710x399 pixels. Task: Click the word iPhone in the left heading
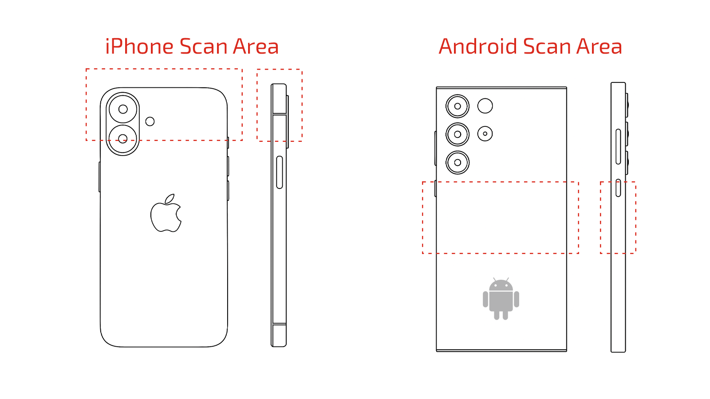click(x=139, y=46)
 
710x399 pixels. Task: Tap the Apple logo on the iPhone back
click(x=166, y=213)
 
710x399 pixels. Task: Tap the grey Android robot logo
click(x=501, y=299)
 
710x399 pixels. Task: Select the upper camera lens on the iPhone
click(x=123, y=109)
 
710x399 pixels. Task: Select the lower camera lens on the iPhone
click(x=122, y=139)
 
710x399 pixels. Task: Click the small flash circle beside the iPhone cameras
click(x=150, y=121)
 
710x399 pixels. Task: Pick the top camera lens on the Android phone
click(x=458, y=106)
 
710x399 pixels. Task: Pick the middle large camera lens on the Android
click(x=458, y=134)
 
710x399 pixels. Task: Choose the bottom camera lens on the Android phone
click(x=458, y=162)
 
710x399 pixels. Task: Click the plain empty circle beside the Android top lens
click(x=485, y=106)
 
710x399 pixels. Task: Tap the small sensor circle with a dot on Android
click(x=485, y=133)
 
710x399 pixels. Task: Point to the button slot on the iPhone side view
click(x=279, y=172)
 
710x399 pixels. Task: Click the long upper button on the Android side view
click(x=618, y=147)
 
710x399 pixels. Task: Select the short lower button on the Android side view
click(x=618, y=188)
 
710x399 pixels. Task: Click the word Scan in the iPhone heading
click(x=204, y=46)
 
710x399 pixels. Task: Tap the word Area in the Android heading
click(x=599, y=46)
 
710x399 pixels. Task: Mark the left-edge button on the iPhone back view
click(x=99, y=177)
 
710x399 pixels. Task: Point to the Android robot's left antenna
click(x=494, y=280)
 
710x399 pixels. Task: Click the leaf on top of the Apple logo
click(x=170, y=199)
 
